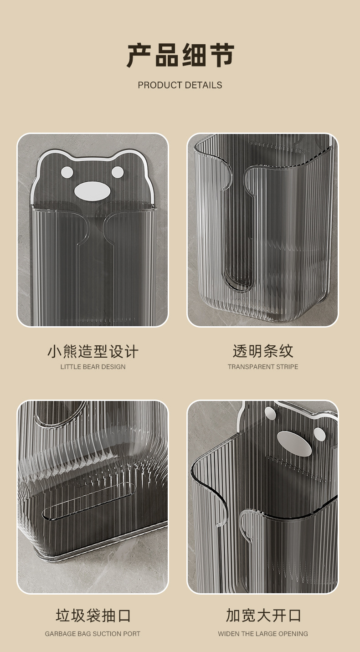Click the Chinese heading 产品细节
click(x=180, y=55)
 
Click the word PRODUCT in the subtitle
click(x=160, y=85)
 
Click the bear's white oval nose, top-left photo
click(x=92, y=191)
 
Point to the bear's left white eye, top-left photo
click(x=67, y=172)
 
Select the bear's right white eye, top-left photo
click(x=118, y=172)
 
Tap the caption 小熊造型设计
click(x=93, y=351)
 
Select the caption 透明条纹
click(x=263, y=351)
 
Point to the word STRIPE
click(x=287, y=367)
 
